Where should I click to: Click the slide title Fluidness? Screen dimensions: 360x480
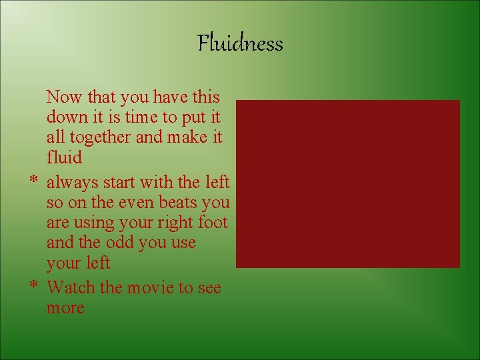pyautogui.click(x=240, y=44)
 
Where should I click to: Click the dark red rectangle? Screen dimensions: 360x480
pyautogui.click(x=347, y=183)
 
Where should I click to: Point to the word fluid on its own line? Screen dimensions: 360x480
pyautogui.click(x=64, y=158)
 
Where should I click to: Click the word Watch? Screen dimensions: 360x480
pyautogui.click(x=71, y=287)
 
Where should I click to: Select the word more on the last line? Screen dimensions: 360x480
pyautogui.click(x=65, y=308)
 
